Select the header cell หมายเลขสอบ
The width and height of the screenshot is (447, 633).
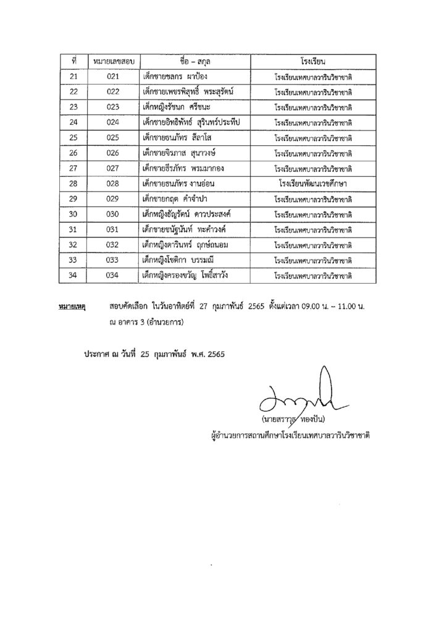click(x=112, y=62)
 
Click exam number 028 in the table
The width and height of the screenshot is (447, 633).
click(x=112, y=184)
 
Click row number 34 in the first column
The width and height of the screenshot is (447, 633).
click(x=73, y=275)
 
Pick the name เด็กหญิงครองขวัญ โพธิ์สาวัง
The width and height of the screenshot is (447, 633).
click(x=188, y=275)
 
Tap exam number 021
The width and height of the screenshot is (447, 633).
click(x=112, y=77)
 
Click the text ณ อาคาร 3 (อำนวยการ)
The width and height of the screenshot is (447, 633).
click(x=146, y=321)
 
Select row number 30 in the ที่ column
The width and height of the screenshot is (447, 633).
click(x=73, y=214)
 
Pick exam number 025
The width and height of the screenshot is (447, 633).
click(x=112, y=138)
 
